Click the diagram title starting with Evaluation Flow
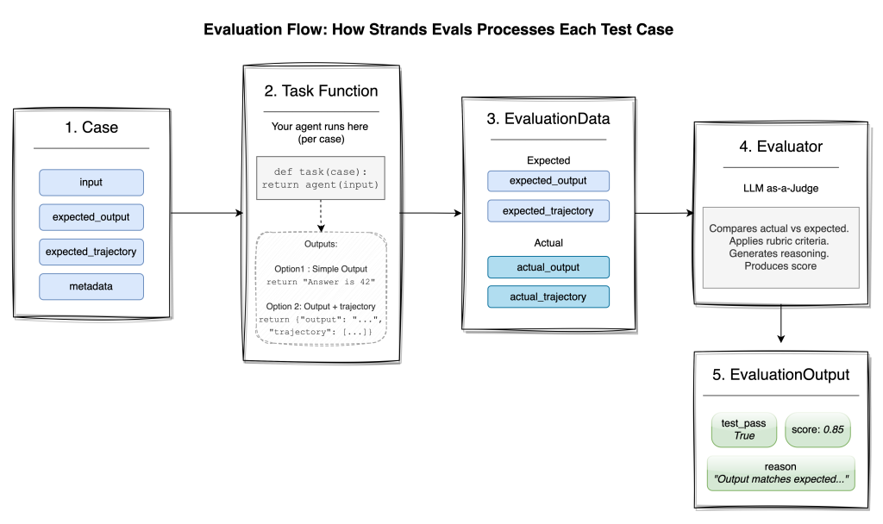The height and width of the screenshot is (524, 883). [x=438, y=29]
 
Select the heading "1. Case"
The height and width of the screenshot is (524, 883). [x=91, y=128]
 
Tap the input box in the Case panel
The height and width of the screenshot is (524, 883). [x=91, y=182]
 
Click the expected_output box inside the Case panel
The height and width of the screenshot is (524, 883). [x=91, y=216]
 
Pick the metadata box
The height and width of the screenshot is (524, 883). [x=91, y=286]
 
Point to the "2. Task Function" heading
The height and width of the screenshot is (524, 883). [x=321, y=90]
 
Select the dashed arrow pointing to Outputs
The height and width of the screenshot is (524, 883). [x=321, y=215]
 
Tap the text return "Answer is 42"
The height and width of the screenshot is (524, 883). [x=321, y=282]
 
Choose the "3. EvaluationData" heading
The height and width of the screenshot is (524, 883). [x=548, y=119]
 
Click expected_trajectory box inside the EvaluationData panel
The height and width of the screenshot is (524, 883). [x=548, y=209]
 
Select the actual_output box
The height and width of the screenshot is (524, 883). [x=548, y=267]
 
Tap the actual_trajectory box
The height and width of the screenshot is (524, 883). [x=548, y=296]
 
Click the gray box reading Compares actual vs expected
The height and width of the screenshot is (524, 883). [x=780, y=247]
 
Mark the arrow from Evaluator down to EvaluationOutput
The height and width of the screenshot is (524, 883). [x=780, y=322]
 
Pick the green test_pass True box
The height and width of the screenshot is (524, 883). [x=744, y=428]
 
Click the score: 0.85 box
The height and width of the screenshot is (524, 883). [x=817, y=428]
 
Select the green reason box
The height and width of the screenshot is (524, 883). [x=780, y=472]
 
